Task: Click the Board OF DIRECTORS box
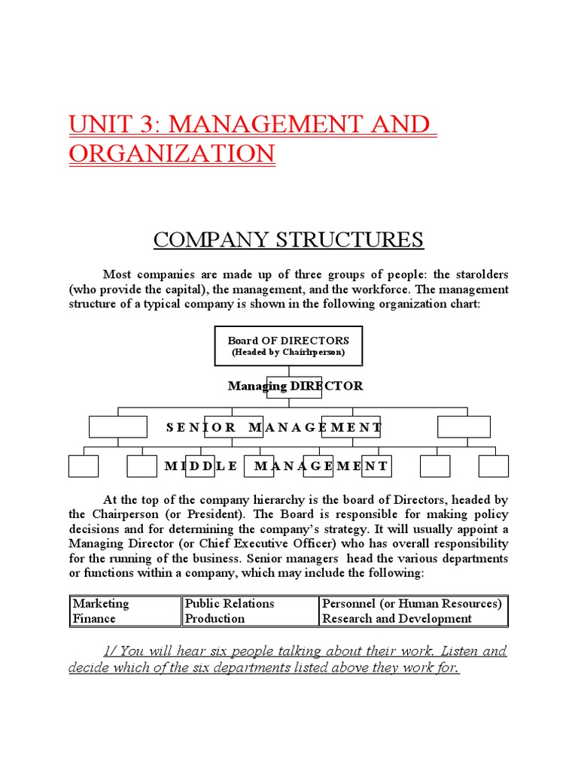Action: [288, 346]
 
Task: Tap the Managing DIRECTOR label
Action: [295, 386]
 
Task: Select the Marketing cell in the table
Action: [101, 603]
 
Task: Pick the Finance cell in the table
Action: [94, 618]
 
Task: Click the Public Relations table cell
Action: [230, 603]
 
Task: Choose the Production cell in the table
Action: [214, 618]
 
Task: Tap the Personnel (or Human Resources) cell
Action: [411, 603]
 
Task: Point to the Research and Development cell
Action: [397, 618]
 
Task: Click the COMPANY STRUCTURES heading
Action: [289, 240]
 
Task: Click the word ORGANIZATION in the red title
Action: [172, 153]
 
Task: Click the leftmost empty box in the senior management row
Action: [117, 426]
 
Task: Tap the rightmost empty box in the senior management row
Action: [464, 426]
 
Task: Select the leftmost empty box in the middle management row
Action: [83, 466]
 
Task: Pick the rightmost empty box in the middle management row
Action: [494, 466]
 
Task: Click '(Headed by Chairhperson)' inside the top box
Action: [288, 352]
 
